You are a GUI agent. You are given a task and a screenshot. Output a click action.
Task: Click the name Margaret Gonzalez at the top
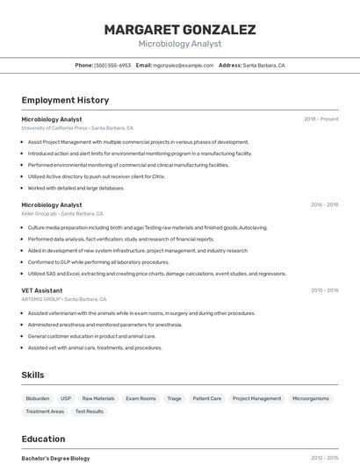click(180, 30)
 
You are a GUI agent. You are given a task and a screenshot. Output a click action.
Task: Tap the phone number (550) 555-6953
click(112, 65)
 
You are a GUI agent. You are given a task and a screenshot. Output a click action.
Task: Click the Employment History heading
click(65, 100)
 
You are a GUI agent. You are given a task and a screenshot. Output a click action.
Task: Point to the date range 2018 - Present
click(320, 118)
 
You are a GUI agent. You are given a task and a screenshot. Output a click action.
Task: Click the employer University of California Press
click(54, 127)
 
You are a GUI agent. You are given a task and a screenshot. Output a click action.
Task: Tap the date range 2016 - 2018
click(324, 204)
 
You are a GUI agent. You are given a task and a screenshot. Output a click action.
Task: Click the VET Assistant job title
click(42, 290)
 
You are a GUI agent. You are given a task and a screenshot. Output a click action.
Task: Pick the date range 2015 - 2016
click(324, 290)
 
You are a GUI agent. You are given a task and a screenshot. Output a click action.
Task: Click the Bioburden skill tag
click(38, 398)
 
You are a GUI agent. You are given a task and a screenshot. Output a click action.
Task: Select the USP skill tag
click(66, 398)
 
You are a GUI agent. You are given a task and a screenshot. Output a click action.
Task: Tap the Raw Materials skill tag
click(98, 398)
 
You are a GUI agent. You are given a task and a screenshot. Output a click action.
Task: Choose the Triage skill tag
click(174, 398)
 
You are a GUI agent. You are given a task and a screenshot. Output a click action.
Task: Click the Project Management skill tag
click(256, 398)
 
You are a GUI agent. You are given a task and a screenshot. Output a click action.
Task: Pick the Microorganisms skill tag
click(311, 398)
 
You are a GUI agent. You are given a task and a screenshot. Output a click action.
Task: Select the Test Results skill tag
click(89, 411)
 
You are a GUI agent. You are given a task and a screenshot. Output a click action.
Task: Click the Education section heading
click(43, 439)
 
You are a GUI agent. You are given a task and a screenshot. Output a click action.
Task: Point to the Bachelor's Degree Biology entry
click(55, 458)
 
